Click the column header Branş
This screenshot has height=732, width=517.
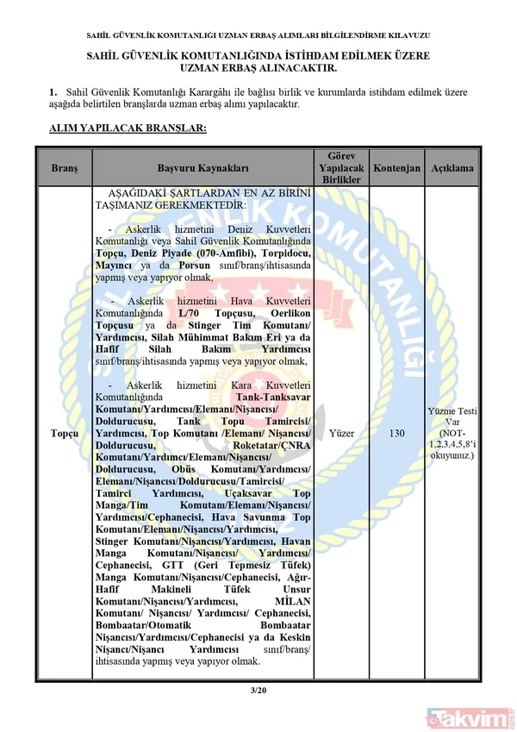64,168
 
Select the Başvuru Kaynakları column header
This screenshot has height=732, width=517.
202,168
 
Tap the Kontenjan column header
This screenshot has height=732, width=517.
397,168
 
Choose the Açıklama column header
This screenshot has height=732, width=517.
452,168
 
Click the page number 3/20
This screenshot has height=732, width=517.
258,689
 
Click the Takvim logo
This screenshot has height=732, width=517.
470,716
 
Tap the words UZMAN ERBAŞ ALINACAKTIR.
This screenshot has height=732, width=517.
258,66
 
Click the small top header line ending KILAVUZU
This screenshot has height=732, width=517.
258,35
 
